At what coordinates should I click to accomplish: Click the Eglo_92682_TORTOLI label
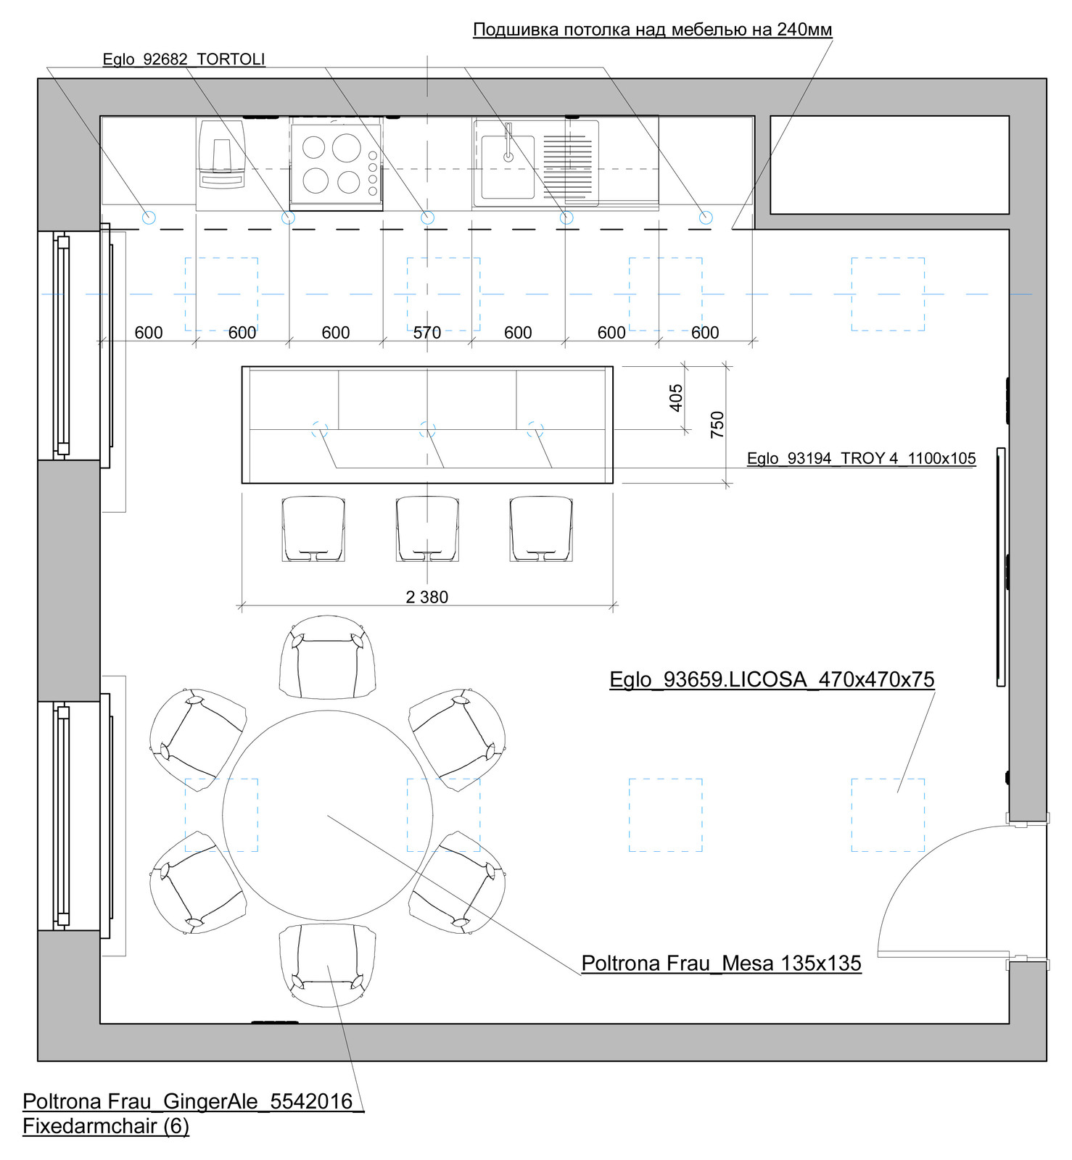point(184,59)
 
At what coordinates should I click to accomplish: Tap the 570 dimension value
point(427,333)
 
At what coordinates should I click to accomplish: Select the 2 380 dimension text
point(426,597)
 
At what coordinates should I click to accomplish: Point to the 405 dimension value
point(676,398)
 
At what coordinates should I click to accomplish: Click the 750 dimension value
point(717,424)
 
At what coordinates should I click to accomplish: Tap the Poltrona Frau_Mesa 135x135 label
point(722,963)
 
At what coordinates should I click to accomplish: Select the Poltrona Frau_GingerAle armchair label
point(193,1114)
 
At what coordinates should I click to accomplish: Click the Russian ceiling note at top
point(653,30)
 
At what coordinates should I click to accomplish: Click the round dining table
point(328,815)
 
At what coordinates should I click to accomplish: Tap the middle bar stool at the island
point(427,529)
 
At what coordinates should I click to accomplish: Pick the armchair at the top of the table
point(328,657)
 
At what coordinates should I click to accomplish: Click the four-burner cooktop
point(337,165)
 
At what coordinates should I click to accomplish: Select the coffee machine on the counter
point(221,155)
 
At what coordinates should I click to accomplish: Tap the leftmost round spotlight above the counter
point(149,217)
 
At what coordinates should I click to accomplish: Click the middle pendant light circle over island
point(427,430)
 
